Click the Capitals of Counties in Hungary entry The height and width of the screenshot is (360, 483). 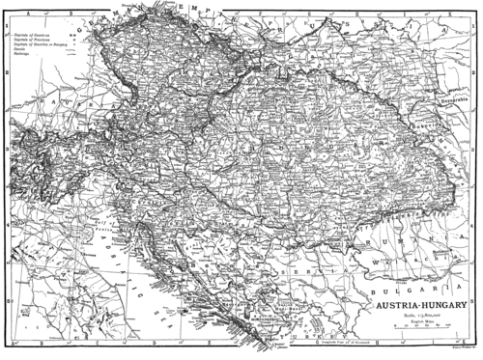(39, 45)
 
